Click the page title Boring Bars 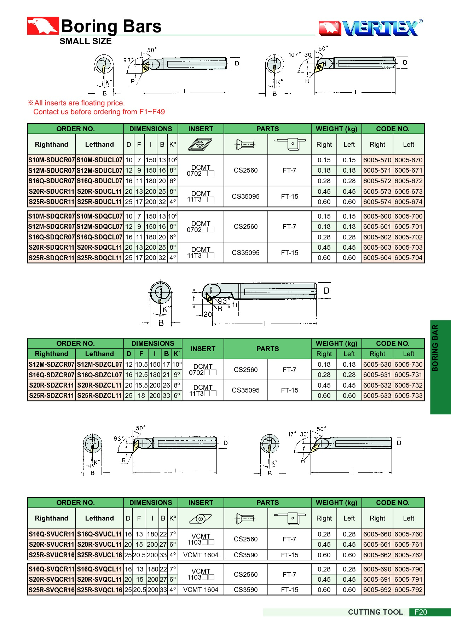coord(111,27)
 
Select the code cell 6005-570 coord(377,160)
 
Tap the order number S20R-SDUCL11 coord(99,191)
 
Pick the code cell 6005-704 coord(408,258)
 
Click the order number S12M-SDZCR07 coord(52,364)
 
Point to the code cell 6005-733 coord(408,395)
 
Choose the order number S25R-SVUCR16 coord(52,555)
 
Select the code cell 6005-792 coord(408,590)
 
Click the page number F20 coord(421,612)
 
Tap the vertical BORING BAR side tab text coord(435,348)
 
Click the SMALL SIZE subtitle coord(86,41)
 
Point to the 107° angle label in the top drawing coord(294,54)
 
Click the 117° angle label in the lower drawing coord(291,434)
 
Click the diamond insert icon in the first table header coord(200,144)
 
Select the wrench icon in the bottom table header coord(290,518)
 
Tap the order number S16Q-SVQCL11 coord(99,569)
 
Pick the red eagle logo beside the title coord(43,26)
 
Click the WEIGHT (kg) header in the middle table coord(336,343)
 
